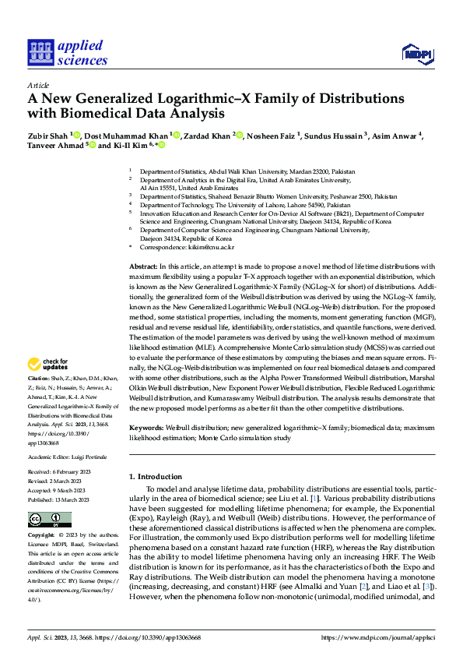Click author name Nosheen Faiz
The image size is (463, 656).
point(273,136)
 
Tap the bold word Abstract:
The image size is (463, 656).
point(144,266)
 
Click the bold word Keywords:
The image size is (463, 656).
point(147,427)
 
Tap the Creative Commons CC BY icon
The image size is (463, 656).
point(49,520)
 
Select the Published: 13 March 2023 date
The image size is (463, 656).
point(59,500)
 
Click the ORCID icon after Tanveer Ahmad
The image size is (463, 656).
point(93,146)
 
